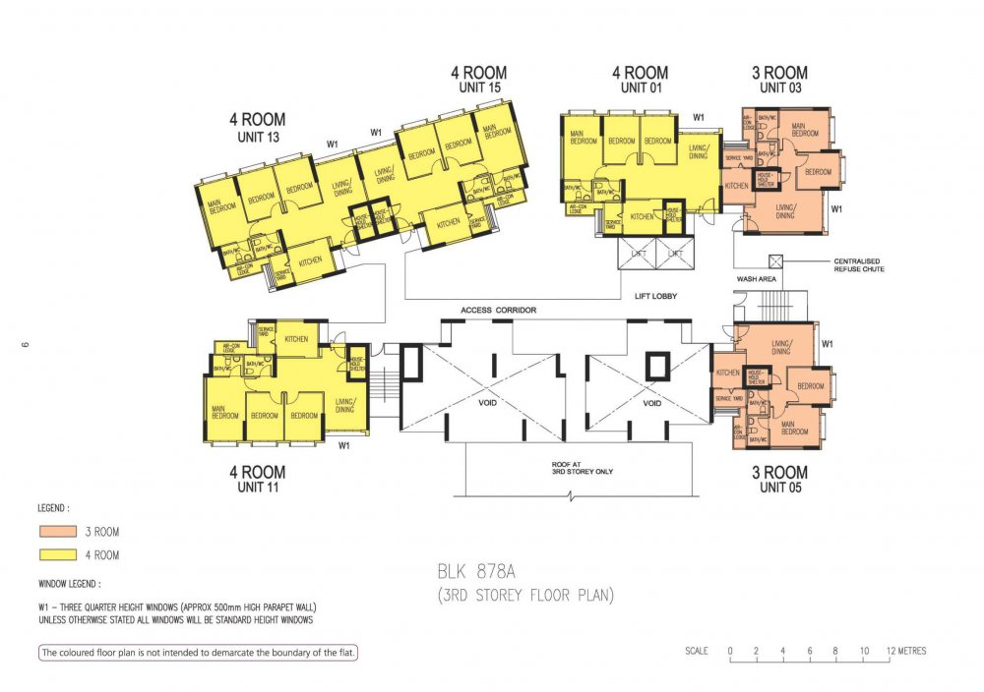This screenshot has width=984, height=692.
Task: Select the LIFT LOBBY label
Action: point(655,294)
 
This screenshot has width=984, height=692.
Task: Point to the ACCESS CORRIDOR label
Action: point(498,311)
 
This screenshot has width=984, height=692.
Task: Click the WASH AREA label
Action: point(756,279)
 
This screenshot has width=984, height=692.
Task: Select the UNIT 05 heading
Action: point(779,488)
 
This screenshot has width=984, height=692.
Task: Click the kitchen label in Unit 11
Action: point(296,339)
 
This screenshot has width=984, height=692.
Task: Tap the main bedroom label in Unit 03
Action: point(804,130)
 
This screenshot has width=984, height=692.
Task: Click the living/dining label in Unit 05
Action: point(780,347)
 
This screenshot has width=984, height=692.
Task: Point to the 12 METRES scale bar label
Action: point(905,651)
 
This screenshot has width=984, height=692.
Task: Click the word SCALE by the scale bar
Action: point(697,651)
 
